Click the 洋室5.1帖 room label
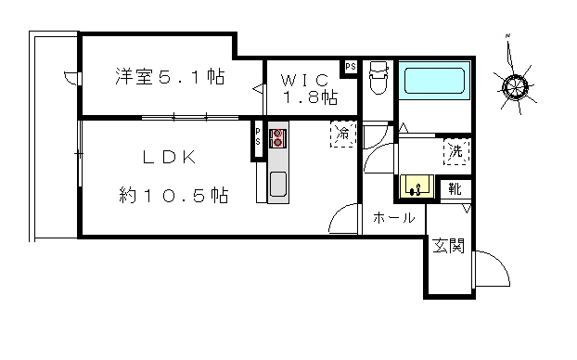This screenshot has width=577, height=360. (x=170, y=77)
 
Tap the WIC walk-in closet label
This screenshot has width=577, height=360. (x=304, y=80)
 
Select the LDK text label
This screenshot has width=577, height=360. (x=170, y=157)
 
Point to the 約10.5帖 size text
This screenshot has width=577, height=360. (x=173, y=195)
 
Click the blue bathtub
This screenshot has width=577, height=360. (x=434, y=80)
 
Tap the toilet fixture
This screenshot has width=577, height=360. (x=378, y=78)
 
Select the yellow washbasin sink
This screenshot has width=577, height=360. (x=417, y=186)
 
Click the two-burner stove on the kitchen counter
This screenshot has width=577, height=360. (x=277, y=137)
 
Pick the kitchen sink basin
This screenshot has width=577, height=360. (x=278, y=184)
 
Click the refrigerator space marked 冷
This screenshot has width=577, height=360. (x=343, y=134)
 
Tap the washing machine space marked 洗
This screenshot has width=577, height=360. (x=456, y=151)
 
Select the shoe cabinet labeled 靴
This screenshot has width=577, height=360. (x=455, y=189)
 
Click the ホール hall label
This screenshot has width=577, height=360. (x=393, y=218)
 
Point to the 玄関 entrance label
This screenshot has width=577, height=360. (x=448, y=246)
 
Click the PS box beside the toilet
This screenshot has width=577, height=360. (x=350, y=67)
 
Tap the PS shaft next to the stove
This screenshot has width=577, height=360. (x=258, y=137)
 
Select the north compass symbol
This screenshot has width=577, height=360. (x=514, y=85)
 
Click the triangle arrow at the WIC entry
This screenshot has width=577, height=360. (x=258, y=89)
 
